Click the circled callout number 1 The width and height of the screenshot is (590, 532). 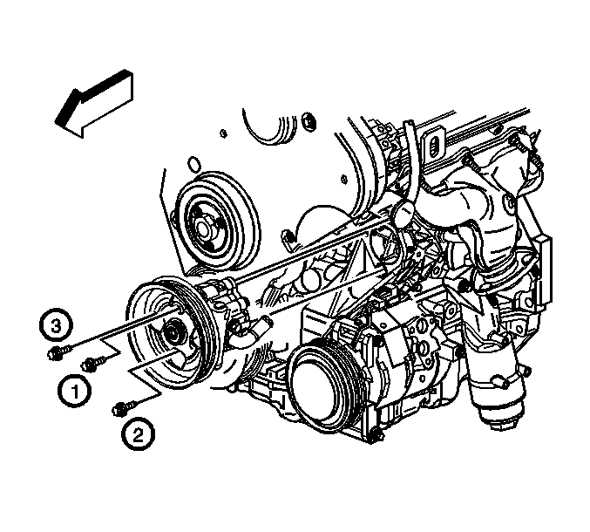tap(74, 392)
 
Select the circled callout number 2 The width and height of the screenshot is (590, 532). tap(138, 435)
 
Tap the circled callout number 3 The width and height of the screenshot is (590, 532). tap(56, 326)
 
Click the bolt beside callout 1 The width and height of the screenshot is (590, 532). tap(93, 363)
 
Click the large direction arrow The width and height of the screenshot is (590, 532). tap(94, 104)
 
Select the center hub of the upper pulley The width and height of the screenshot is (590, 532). tap(204, 228)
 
